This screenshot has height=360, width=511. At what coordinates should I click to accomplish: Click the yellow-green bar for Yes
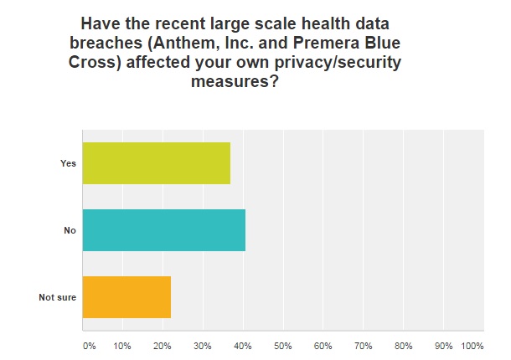tap(156, 163)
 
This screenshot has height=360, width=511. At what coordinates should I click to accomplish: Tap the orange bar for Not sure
tap(126, 297)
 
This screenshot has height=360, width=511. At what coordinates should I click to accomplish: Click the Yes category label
tap(68, 163)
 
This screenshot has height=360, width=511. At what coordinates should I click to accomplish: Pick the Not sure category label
tap(58, 297)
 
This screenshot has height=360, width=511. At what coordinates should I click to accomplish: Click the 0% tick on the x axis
tap(89, 345)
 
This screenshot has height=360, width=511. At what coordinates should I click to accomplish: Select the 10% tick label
tap(122, 345)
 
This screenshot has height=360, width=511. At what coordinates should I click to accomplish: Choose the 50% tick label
tap(283, 345)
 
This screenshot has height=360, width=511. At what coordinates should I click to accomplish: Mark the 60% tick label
tap(323, 345)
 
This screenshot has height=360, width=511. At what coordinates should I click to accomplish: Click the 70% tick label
tap(364, 345)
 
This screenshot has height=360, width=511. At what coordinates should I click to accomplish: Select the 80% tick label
tap(404, 345)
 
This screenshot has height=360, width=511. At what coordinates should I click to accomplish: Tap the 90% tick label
tap(444, 345)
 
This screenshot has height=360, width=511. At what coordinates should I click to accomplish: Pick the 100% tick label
tap(472, 345)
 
